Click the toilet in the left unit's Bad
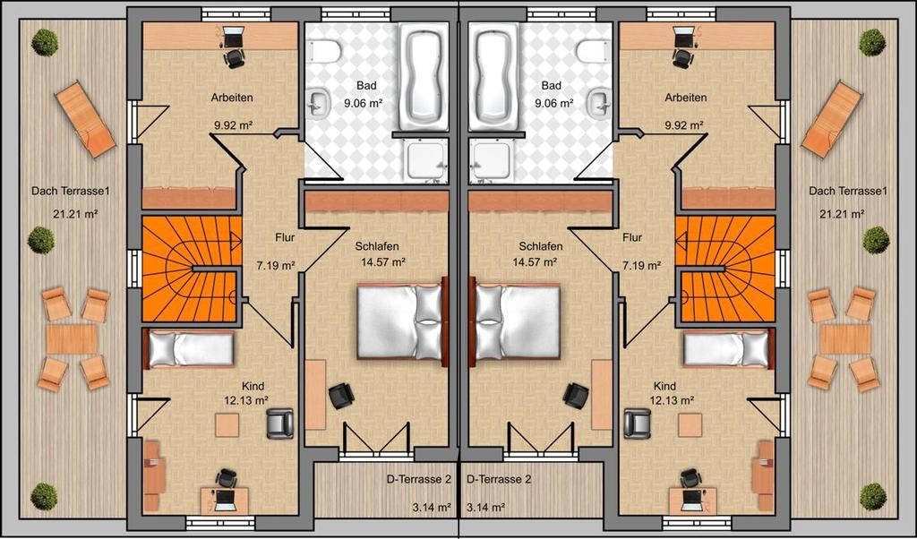click(x=325, y=51)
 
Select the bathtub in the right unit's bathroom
click(x=493, y=77)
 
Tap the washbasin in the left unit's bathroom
click(x=318, y=105)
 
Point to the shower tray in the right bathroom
click(x=492, y=159)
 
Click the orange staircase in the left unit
click(x=192, y=269)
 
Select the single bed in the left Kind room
click(x=189, y=349)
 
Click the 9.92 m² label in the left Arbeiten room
click(x=233, y=124)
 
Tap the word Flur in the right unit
click(x=632, y=237)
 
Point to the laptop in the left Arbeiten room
click(x=232, y=38)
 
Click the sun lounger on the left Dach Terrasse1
click(x=85, y=119)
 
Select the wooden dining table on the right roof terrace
click(x=845, y=339)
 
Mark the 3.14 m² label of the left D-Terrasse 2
click(x=432, y=507)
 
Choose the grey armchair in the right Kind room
click(x=638, y=423)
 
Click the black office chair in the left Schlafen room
click(x=341, y=396)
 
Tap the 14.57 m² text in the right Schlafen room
click(x=535, y=262)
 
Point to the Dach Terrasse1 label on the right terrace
click(x=848, y=192)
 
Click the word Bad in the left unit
click(x=366, y=86)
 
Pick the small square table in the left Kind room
click(x=227, y=425)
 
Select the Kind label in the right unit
click(x=665, y=386)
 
